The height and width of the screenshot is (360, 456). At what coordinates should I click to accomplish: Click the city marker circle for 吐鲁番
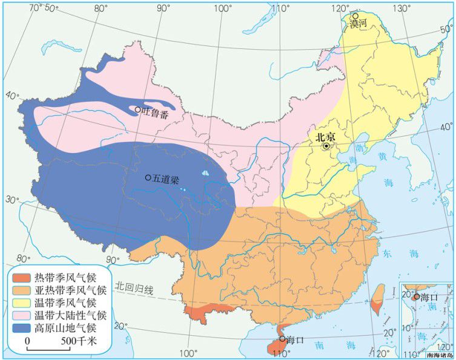138,110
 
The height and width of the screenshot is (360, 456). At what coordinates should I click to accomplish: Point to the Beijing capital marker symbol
326,146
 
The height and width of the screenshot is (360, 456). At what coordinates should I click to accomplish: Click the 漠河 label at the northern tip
359,24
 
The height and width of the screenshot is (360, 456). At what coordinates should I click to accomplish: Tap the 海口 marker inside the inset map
416,296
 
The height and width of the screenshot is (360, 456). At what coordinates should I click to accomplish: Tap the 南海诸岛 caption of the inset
439,355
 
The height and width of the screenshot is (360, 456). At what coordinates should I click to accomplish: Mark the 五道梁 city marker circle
148,178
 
